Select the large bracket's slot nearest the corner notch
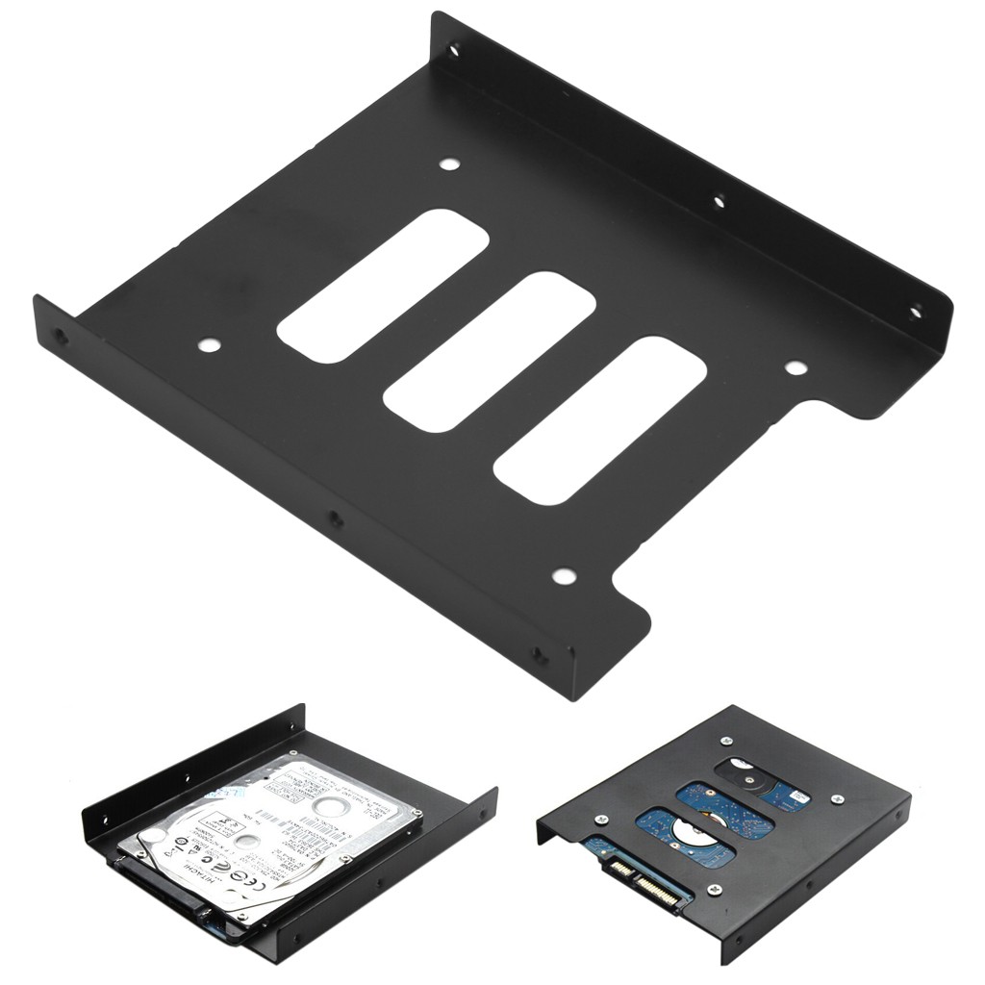(x=599, y=419)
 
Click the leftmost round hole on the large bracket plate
(x=207, y=344)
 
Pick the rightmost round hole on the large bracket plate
(x=794, y=366)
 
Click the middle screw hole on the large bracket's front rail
(x=335, y=518)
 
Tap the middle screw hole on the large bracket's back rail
(x=718, y=201)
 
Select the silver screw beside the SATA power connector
(x=715, y=889)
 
